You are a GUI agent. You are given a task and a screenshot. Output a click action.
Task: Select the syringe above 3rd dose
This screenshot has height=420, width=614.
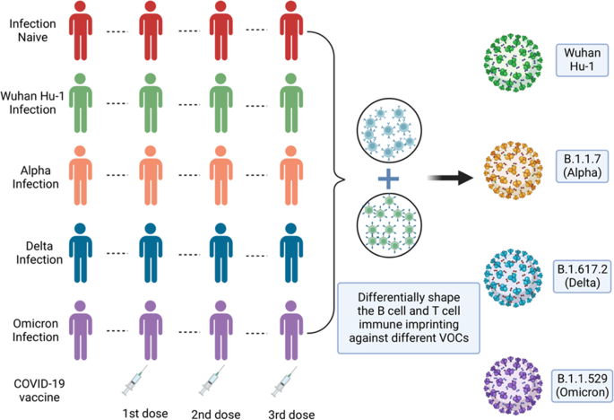288,381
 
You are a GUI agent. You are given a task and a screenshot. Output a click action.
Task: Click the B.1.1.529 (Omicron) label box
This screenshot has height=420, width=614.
584,383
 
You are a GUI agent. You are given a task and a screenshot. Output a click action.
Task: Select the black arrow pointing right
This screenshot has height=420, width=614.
454,179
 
